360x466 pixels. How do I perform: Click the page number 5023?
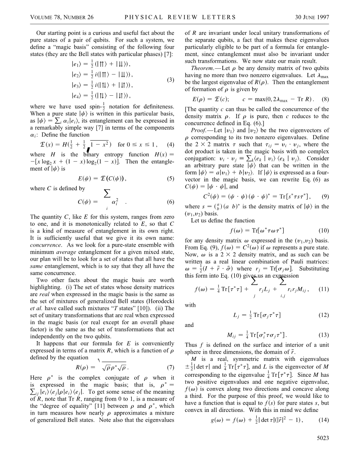point(322,449)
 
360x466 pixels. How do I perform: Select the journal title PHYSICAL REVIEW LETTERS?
point(180,17)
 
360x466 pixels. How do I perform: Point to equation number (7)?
point(170,367)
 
